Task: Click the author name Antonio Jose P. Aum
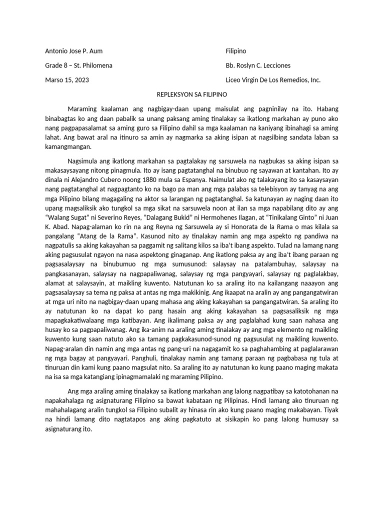coord(74,51)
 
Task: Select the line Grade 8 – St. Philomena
coord(78,66)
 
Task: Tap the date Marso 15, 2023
coord(67,80)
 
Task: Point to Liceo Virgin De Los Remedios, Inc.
coord(273,80)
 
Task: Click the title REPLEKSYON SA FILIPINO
coord(191,94)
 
